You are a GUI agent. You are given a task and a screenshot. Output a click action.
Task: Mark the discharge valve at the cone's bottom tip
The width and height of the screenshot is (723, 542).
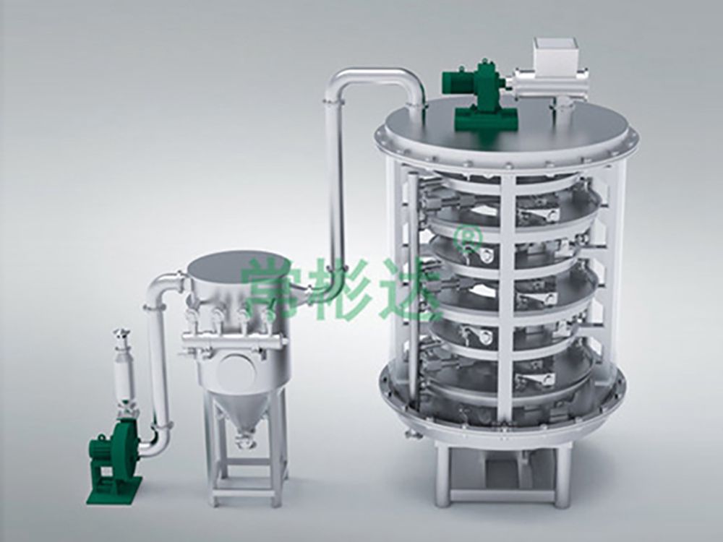(246, 440)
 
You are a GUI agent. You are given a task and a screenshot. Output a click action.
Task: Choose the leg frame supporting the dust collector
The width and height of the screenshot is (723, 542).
(246, 470)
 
